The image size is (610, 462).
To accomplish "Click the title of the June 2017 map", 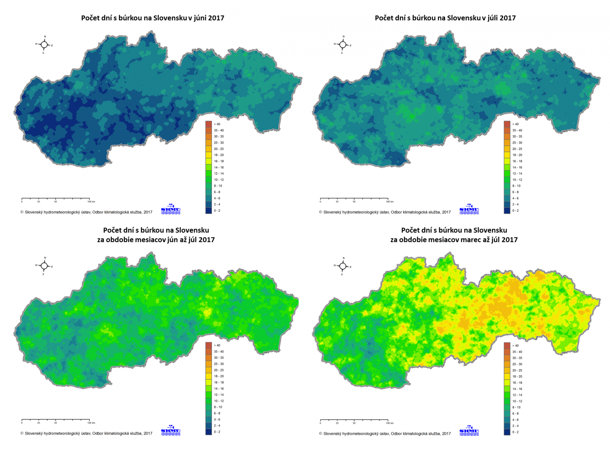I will click(x=153, y=18).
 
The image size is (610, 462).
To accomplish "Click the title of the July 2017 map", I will click(x=445, y=18).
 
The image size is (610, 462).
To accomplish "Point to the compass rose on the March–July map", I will click(x=343, y=266).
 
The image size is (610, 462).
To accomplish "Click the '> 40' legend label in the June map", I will click(x=217, y=124).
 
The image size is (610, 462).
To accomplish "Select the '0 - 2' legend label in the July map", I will click(x=515, y=211).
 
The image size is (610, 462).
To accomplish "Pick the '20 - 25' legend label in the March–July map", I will click(x=517, y=370).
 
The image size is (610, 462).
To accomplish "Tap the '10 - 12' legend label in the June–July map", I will click(x=218, y=401).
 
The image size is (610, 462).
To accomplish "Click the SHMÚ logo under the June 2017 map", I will click(x=170, y=209).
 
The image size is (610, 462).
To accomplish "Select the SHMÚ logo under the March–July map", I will click(x=469, y=430).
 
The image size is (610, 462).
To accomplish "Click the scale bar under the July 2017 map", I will click(x=354, y=199).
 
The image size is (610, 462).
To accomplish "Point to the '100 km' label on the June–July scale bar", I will click(x=91, y=423).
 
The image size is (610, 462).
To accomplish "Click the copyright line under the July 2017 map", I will click(x=385, y=212).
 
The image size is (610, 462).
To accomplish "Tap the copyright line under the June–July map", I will click(x=86, y=434).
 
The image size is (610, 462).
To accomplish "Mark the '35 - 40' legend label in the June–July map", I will click(x=218, y=352).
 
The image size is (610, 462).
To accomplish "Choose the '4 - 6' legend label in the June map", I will click(x=217, y=198).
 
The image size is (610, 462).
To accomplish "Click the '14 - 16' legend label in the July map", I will click(x=517, y=167).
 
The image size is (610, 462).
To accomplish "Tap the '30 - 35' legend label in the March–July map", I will click(x=517, y=358).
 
